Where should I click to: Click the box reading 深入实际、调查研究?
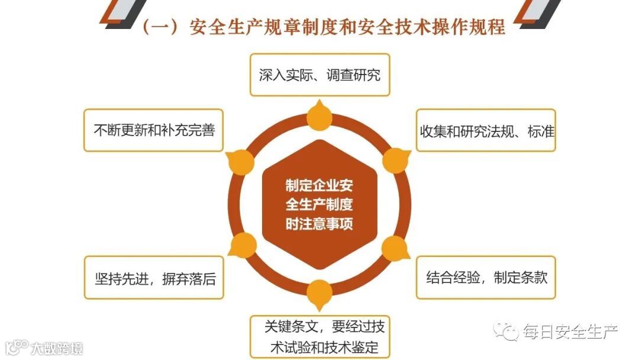pyautogui.click(x=319, y=75)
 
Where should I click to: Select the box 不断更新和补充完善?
pyautogui.click(x=154, y=130)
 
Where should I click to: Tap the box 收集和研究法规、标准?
pyautogui.click(x=486, y=130)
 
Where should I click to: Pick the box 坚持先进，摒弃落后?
pyautogui.click(x=154, y=278)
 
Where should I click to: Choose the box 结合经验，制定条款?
pyautogui.click(x=486, y=277)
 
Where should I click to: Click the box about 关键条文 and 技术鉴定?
pyautogui.click(x=320, y=336)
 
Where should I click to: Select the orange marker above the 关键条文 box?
pyautogui.click(x=319, y=291)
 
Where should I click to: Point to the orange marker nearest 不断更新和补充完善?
pyautogui.click(x=241, y=160)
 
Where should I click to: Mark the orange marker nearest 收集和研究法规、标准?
pyautogui.click(x=395, y=160)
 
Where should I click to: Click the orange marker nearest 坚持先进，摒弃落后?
pyautogui.click(x=243, y=245)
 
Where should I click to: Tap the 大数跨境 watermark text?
pyautogui.click(x=57, y=348)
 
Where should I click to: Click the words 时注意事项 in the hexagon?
pyautogui.click(x=319, y=224)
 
